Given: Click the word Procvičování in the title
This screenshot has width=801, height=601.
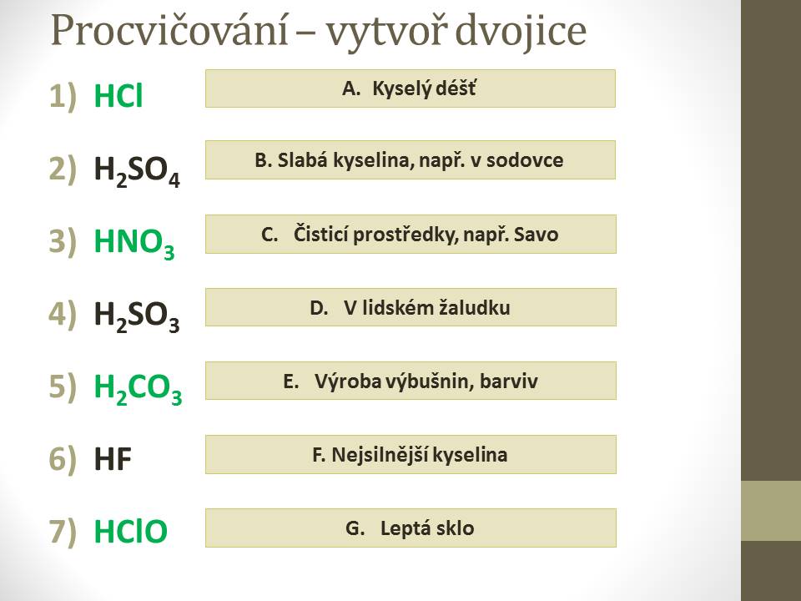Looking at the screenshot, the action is click(169, 31).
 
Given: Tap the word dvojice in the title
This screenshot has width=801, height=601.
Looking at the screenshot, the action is click(521, 32).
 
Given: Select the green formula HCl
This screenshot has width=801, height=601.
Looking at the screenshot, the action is click(118, 95).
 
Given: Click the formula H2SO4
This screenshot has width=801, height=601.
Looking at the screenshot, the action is click(137, 170).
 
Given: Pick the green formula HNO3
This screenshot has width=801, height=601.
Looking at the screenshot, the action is click(134, 243).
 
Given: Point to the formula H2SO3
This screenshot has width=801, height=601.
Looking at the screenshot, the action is click(137, 316).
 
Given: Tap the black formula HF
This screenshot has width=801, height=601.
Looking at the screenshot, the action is click(113, 458).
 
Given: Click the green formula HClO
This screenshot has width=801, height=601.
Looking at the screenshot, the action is click(131, 531).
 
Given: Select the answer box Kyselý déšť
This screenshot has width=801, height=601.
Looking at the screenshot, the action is click(411, 88).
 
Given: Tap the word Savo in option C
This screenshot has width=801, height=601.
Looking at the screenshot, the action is click(536, 235).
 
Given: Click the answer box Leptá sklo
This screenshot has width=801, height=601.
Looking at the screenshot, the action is click(411, 528).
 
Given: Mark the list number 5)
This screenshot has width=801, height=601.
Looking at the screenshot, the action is click(63, 386).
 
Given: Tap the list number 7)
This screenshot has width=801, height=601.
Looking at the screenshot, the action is click(63, 531).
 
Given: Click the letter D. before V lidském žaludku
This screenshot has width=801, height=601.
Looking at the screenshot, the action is click(319, 308).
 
